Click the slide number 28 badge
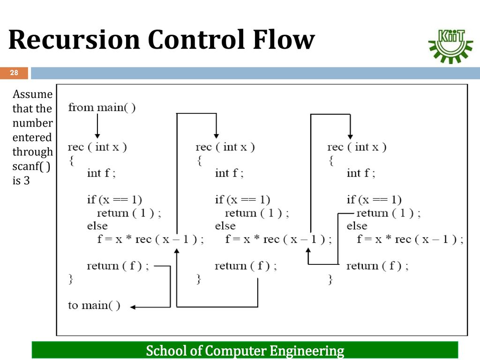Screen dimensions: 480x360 14,73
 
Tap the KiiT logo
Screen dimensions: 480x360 450,46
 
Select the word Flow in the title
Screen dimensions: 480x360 284,39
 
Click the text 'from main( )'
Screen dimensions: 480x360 102,107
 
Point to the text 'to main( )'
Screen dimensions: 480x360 94,305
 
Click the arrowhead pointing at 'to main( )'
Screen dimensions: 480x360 133,307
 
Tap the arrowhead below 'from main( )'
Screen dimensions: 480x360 97,136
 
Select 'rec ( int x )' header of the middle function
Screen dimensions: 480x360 225,147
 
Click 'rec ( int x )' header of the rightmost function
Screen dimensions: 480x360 357,147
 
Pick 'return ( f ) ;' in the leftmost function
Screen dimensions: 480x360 118,266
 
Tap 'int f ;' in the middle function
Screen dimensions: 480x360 229,173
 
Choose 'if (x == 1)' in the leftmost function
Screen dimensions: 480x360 114,200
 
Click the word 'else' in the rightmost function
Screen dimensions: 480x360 357,226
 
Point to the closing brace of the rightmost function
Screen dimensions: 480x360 330,279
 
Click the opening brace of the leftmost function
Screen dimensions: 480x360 72,161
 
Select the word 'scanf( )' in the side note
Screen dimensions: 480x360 31,166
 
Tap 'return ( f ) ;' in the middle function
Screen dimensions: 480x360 246,266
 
